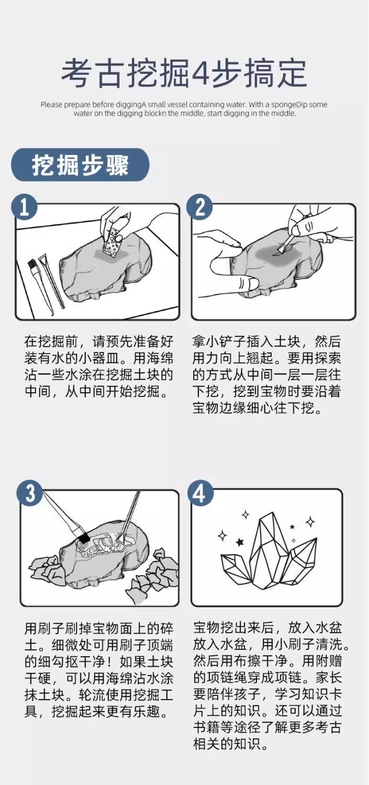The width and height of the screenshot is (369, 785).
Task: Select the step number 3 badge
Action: tap(29, 493)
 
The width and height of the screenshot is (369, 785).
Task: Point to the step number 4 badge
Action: tap(200, 493)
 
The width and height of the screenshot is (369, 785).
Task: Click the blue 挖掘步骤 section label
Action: tap(80, 165)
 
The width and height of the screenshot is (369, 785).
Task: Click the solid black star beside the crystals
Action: tap(240, 543)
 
